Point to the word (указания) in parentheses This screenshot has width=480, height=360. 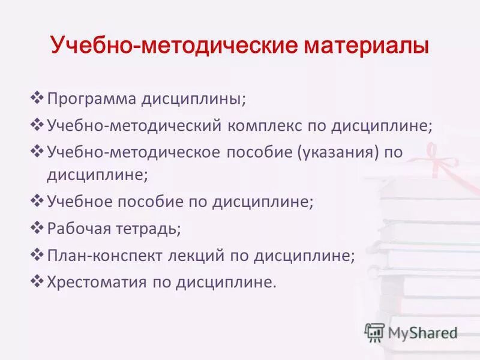(x=337, y=152)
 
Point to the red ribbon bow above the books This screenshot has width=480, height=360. (x=435, y=157)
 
